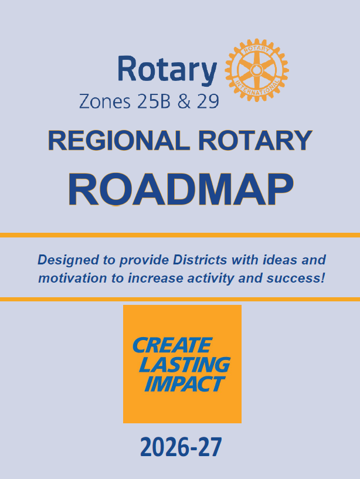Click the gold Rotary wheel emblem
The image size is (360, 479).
[257, 70]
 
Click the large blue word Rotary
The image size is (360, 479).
[167, 70]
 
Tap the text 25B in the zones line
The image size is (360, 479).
[154, 101]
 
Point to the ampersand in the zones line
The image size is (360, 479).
[184, 101]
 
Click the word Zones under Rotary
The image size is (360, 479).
[105, 101]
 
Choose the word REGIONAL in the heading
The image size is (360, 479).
[119, 141]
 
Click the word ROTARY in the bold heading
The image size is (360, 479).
[255, 141]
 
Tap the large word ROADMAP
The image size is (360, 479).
[181, 189]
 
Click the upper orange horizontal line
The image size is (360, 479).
[180, 235]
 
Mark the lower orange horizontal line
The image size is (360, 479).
[180, 299]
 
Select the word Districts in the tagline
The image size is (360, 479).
[200, 260]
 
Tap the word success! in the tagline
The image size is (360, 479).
[296, 278]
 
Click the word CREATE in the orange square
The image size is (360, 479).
[172, 345]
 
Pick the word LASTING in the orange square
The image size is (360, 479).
[185, 365]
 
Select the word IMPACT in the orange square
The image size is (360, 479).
[185, 383]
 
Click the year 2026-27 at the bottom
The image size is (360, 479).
[181, 447]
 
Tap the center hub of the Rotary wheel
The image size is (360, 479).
[256, 70]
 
